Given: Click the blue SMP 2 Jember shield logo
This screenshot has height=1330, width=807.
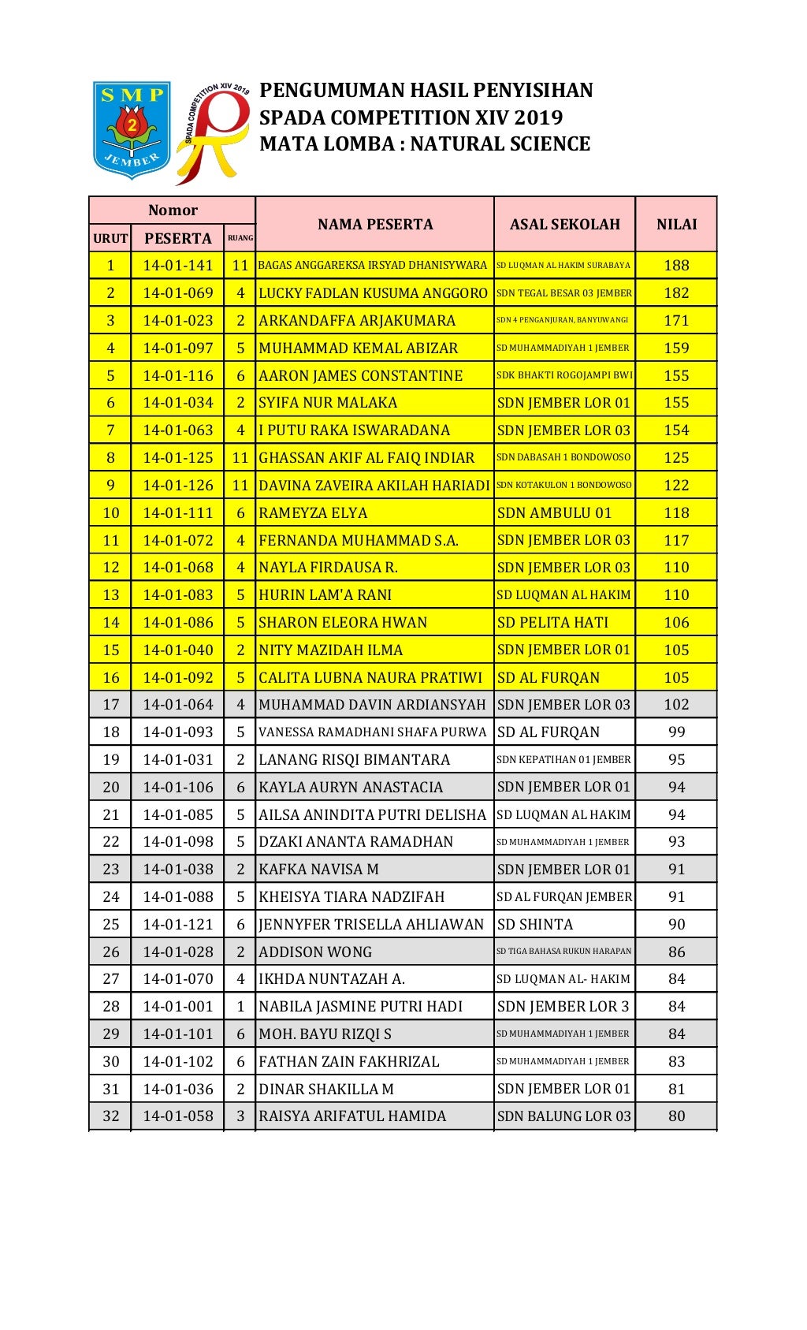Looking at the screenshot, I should tap(132, 129).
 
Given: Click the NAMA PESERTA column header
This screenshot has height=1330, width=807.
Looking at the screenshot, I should tap(375, 225).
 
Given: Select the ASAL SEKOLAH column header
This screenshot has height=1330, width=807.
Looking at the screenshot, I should tap(564, 225).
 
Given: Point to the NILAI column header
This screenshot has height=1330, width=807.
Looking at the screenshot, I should tap(676, 225).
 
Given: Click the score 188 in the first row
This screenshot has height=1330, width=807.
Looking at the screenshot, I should tap(676, 266).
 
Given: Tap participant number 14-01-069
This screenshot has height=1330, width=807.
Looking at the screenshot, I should tap(178, 293).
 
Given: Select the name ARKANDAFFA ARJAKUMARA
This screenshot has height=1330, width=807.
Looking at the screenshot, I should tap(357, 321).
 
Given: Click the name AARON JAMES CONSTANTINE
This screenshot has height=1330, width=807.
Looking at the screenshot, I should tap(361, 376).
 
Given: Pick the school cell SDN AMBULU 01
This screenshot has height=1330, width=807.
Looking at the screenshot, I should tap(554, 513).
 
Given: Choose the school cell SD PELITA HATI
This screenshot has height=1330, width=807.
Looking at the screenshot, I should tap(552, 623).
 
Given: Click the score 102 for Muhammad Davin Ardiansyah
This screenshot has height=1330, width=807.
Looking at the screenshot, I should tap(676, 705).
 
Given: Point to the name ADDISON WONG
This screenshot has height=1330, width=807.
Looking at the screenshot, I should tap(315, 952).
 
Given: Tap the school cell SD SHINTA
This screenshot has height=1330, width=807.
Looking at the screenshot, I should tap(535, 925).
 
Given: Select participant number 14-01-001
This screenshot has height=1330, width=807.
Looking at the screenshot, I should tap(178, 1007).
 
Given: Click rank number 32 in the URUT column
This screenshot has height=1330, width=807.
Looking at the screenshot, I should tap(111, 1116).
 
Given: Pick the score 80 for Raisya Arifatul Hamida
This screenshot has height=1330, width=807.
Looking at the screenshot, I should tap(676, 1116).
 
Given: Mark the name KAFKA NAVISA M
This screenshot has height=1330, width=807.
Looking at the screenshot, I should tap(318, 870).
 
